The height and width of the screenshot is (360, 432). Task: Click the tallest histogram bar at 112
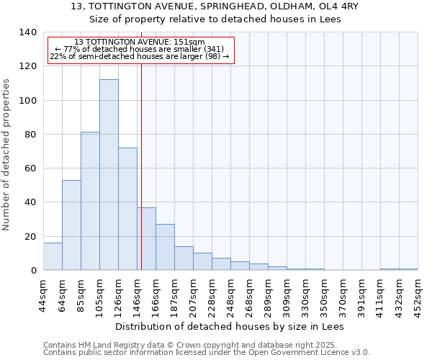(109, 175)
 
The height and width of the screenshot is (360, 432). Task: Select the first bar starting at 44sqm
(53, 256)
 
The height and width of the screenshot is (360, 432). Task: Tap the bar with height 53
(71, 225)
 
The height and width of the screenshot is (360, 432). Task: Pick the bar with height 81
(90, 202)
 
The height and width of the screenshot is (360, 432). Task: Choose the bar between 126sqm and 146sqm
(127, 209)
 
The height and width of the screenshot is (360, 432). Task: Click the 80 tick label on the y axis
(30, 135)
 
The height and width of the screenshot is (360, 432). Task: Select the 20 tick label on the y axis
(30, 237)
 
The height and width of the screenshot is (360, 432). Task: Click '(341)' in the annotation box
(213, 50)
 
